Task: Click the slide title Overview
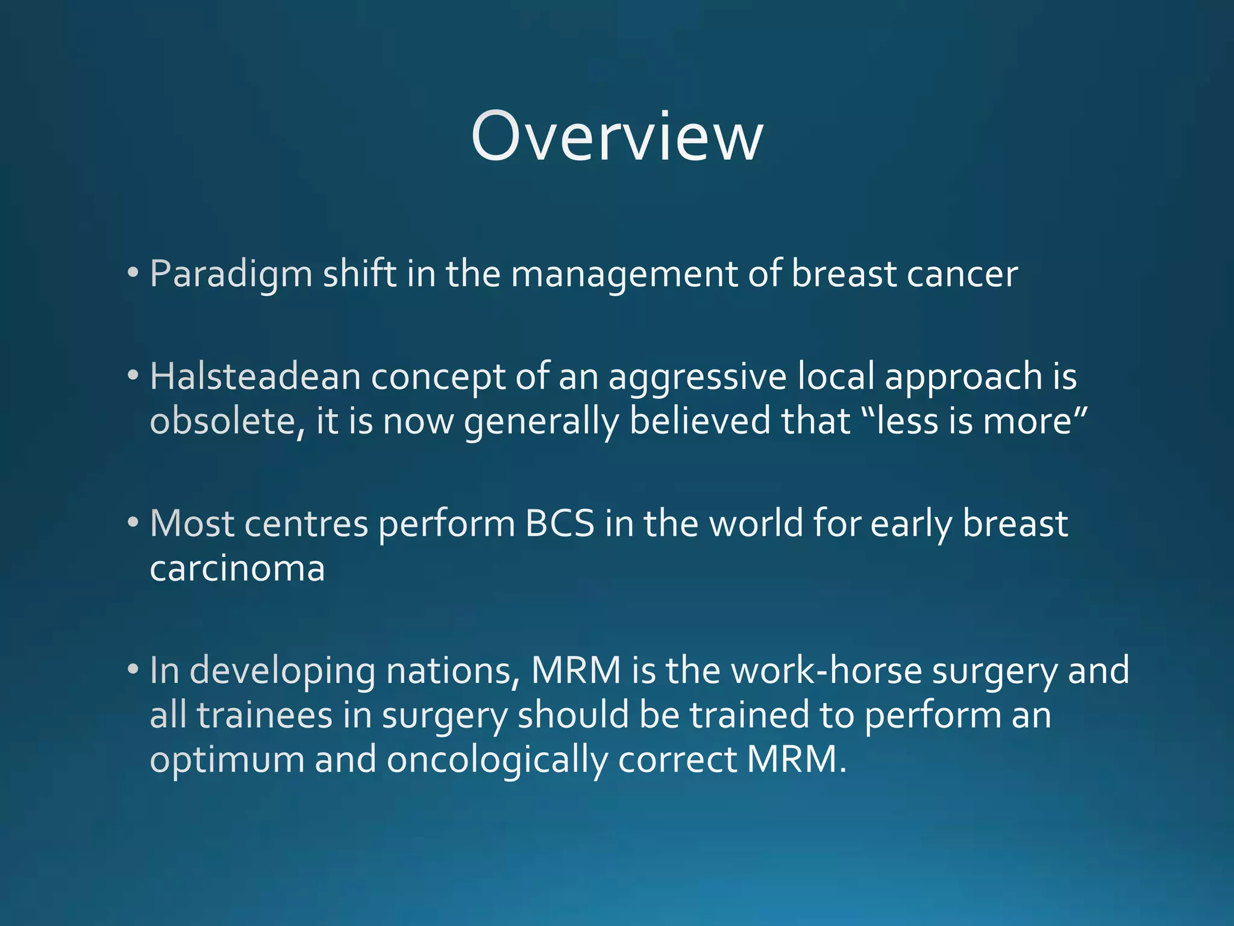(617, 137)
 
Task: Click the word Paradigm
(231, 274)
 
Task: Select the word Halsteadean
(255, 377)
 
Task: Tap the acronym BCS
(560, 523)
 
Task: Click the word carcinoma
(237, 568)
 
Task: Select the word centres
(306, 523)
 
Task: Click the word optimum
(227, 760)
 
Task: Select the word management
(624, 274)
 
